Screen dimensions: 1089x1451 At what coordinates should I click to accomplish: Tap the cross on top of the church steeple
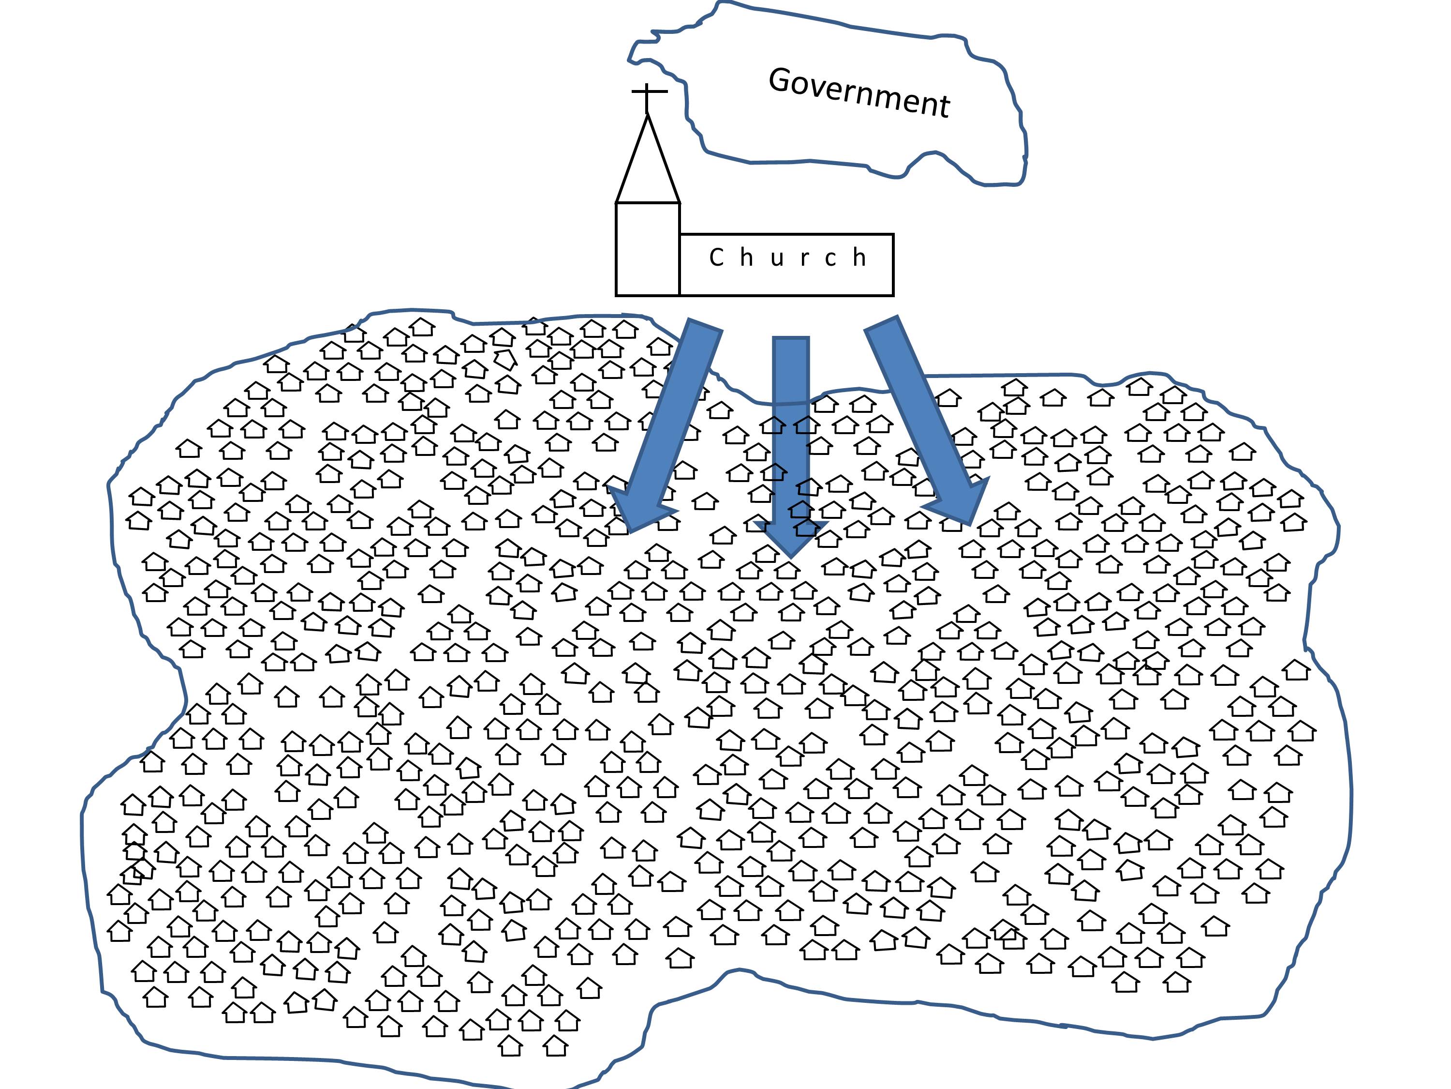click(x=648, y=93)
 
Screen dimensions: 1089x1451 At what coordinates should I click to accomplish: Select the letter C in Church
click(x=716, y=257)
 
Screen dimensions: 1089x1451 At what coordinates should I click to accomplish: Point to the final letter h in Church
click(x=859, y=257)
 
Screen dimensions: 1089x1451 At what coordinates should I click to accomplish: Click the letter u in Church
click(x=777, y=258)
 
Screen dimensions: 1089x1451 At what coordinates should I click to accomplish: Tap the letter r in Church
click(x=805, y=258)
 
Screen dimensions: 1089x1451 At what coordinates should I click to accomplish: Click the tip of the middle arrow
click(x=791, y=555)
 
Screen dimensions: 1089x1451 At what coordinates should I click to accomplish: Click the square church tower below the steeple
click(x=648, y=249)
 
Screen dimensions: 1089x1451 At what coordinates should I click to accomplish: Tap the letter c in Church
click(x=831, y=258)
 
